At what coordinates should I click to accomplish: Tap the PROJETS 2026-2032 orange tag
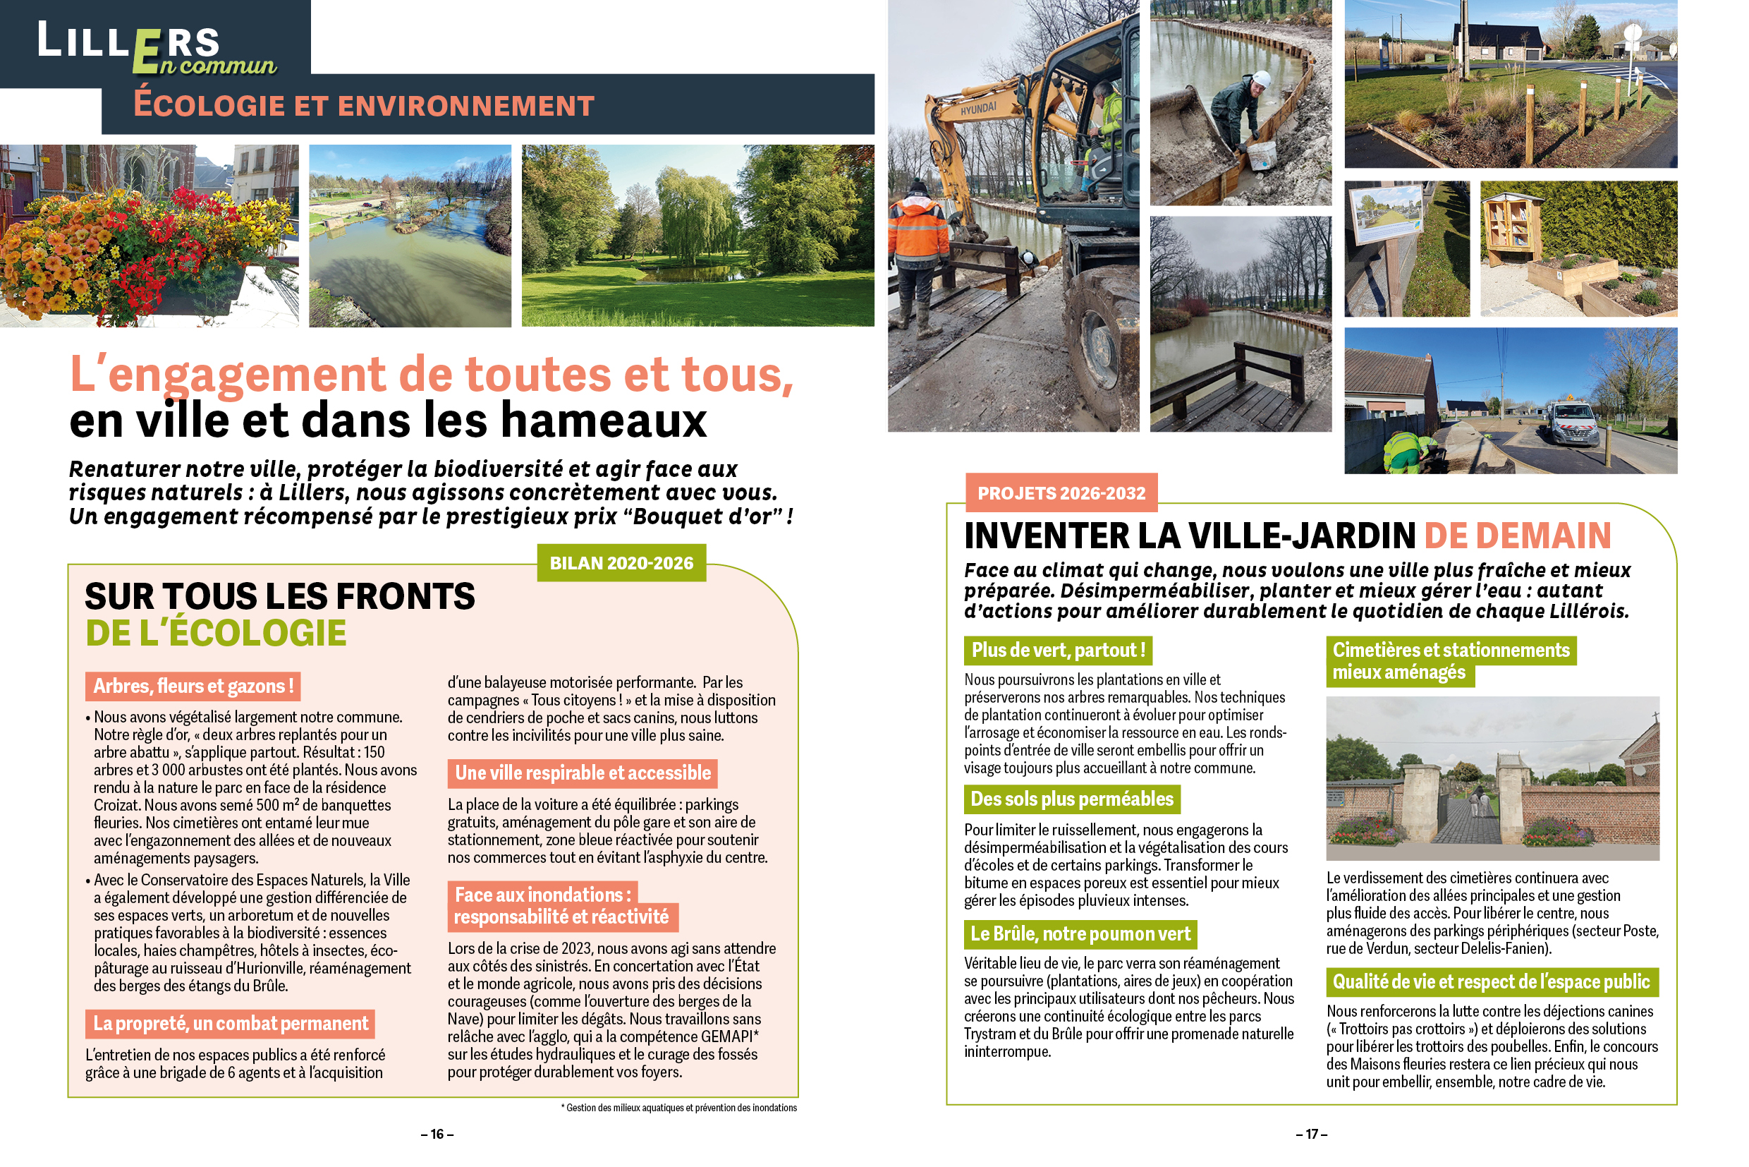point(1061,492)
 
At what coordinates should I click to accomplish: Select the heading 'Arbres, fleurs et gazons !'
point(193,686)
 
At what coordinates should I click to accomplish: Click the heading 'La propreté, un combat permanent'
point(230,1023)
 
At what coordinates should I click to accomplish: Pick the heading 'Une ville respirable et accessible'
point(583,773)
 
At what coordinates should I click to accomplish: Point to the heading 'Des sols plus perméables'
point(1071,799)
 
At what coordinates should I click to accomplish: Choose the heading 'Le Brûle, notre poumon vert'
point(1080,933)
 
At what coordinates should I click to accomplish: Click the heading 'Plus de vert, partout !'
point(1058,650)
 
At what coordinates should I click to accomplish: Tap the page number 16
point(437,1134)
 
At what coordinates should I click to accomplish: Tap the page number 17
point(1311,1134)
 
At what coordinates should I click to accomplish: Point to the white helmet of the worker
point(1260,78)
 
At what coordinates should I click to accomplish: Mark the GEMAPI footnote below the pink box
point(678,1108)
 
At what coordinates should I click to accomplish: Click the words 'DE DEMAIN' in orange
point(1517,536)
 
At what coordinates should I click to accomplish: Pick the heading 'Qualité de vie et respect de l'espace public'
point(1491,981)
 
